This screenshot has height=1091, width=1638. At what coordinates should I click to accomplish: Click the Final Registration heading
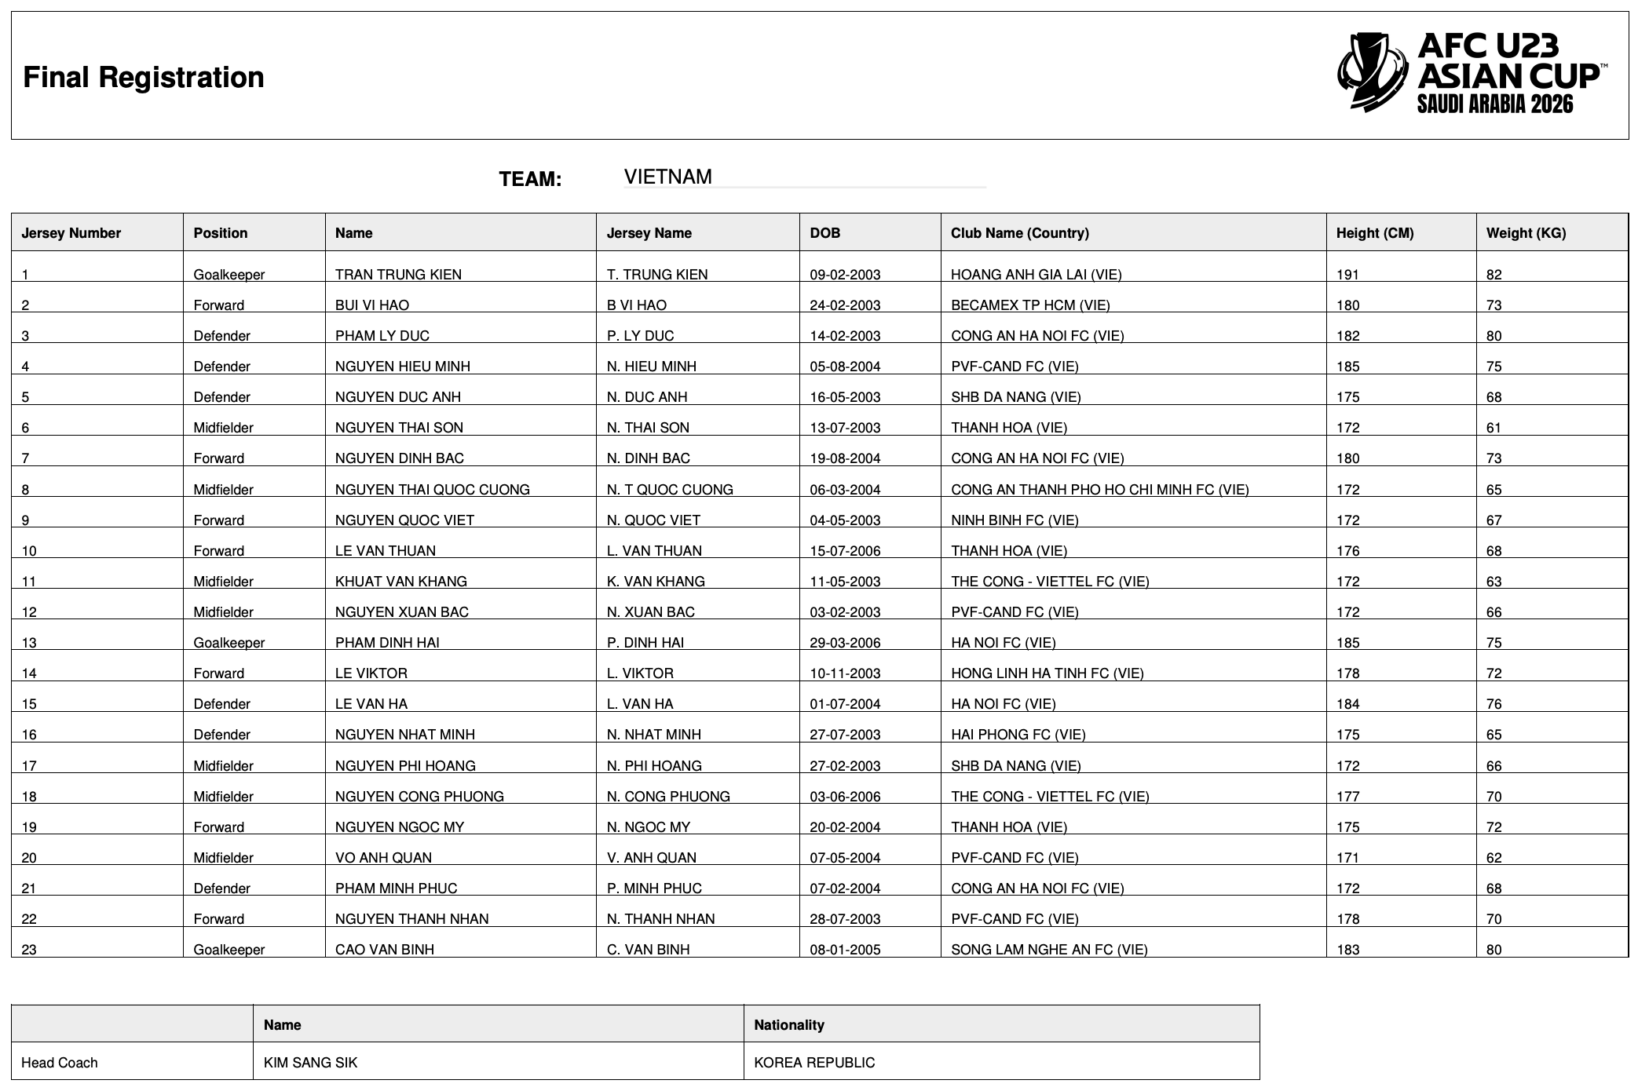(144, 78)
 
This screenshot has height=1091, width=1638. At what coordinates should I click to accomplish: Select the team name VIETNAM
(667, 177)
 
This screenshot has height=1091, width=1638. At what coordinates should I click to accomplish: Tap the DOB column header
(824, 233)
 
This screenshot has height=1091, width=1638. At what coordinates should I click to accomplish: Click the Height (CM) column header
(1374, 233)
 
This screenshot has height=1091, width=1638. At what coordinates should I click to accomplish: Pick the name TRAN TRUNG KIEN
(398, 275)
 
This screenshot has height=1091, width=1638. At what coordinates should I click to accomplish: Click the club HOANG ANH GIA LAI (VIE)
(1036, 275)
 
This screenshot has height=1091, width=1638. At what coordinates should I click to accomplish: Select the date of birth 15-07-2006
(845, 551)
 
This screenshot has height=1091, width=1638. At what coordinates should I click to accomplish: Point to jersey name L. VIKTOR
(640, 673)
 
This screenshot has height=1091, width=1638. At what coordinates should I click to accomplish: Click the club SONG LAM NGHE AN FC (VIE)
(1049, 950)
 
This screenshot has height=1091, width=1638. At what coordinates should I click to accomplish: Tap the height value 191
(1347, 275)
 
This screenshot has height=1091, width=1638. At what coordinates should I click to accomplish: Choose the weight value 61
(1494, 428)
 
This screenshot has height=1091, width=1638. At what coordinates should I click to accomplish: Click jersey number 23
(29, 950)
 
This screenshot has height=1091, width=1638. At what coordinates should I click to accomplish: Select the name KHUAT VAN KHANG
(400, 582)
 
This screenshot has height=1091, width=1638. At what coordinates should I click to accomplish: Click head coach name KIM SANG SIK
(310, 1063)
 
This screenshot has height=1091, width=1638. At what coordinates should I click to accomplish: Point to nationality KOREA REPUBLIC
(814, 1063)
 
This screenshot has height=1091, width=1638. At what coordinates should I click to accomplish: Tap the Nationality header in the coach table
(788, 1025)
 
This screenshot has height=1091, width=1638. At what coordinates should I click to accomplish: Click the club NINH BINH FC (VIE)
(1015, 520)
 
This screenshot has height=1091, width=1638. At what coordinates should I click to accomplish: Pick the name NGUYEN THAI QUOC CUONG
(432, 490)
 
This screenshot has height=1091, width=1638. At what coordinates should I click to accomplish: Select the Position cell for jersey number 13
(229, 643)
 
